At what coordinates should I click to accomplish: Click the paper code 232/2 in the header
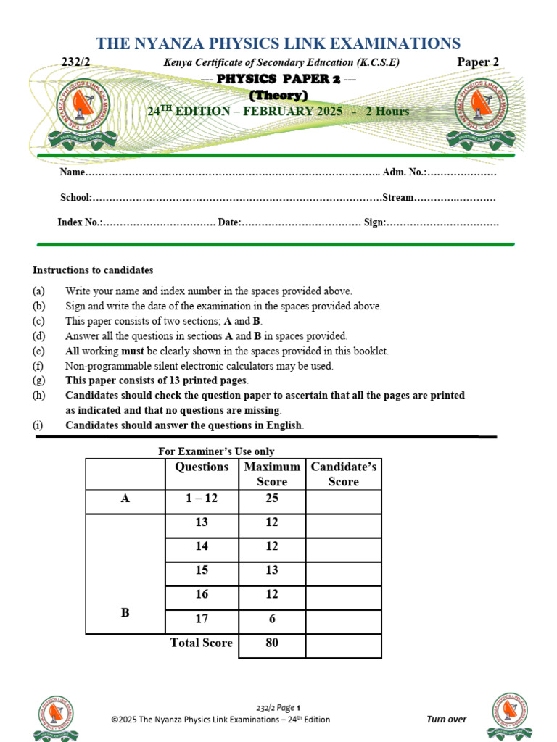click(x=75, y=63)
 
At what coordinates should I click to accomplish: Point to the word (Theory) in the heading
click(x=278, y=95)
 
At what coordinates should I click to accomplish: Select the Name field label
click(x=73, y=172)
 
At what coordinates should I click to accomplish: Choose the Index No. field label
click(x=79, y=222)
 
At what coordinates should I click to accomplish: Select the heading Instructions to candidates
click(x=93, y=270)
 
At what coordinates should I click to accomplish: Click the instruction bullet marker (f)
click(x=38, y=366)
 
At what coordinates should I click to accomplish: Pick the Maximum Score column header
click(x=272, y=474)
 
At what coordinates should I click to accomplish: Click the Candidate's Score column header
click(x=343, y=474)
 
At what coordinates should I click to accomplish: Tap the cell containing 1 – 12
click(x=202, y=499)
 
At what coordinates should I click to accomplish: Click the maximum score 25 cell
click(x=272, y=499)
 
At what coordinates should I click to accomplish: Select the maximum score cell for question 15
click(x=272, y=570)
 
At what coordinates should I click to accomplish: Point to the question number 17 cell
click(x=202, y=618)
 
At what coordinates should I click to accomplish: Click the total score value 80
click(x=272, y=643)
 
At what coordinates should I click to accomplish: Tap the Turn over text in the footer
click(x=446, y=720)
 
